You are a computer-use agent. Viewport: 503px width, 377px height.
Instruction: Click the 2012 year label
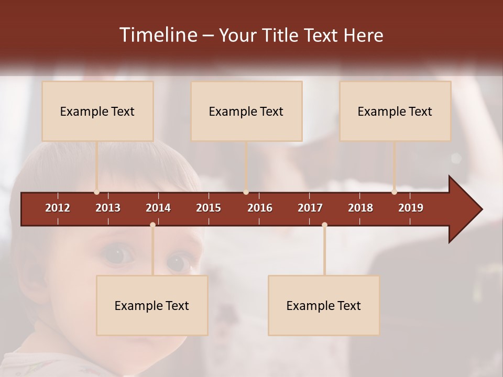(58, 208)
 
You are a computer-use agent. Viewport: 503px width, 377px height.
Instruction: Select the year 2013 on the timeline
(108, 208)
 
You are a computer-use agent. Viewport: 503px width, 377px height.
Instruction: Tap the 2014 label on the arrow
(158, 208)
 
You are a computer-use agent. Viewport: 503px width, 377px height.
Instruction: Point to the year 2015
(209, 208)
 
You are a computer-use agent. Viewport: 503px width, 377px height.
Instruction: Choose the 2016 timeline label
(260, 208)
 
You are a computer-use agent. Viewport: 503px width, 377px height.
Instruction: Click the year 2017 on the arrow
(310, 208)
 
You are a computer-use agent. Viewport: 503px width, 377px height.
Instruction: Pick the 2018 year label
(360, 208)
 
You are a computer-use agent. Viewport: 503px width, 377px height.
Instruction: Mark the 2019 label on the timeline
(411, 208)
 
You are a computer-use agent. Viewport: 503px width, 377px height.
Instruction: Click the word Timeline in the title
(158, 35)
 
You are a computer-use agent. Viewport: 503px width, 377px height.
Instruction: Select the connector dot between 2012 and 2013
(96, 192)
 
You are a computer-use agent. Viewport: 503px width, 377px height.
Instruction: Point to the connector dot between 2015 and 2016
(246, 192)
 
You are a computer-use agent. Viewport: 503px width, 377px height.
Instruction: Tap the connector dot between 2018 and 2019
(394, 192)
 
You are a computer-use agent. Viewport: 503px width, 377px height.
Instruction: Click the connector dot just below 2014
(152, 225)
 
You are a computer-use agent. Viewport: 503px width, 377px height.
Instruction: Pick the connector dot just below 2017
(324, 225)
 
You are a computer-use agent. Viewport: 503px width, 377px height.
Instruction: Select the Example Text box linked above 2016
(246, 111)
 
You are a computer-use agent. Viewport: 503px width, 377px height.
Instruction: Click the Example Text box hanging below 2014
(152, 305)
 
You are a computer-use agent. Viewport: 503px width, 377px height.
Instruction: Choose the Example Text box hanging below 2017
(324, 305)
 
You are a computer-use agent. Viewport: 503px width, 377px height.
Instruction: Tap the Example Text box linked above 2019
(395, 111)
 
